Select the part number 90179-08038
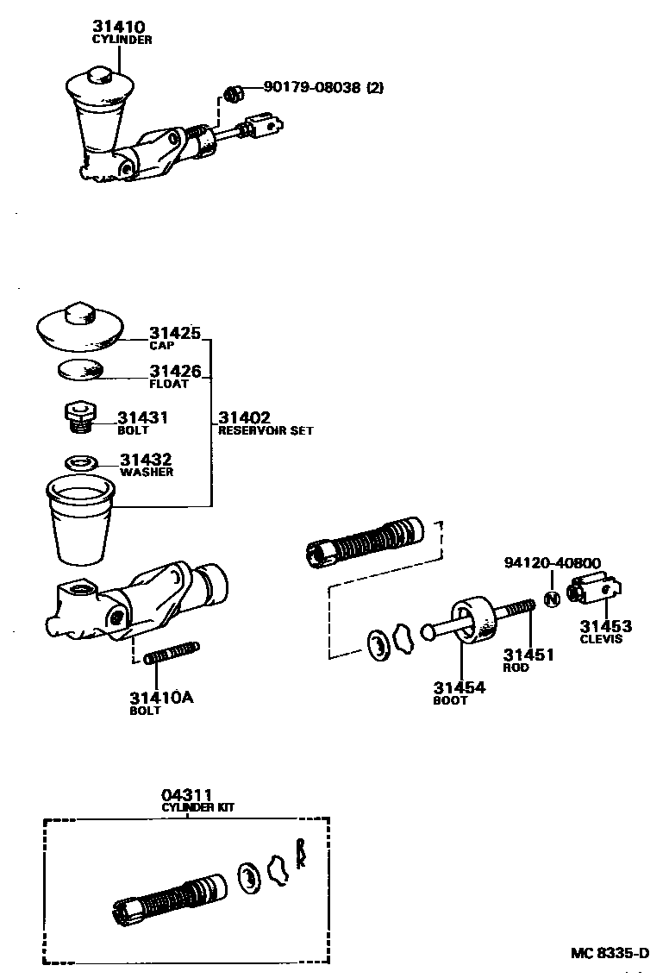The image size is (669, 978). coord(312,87)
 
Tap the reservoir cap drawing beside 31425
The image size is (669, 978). coord(81,325)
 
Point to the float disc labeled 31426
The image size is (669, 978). coord(81,371)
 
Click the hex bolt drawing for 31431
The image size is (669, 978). coord(79,414)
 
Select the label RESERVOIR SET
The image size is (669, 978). coord(266,430)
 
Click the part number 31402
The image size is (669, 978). coord(245,418)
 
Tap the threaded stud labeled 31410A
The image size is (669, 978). coord(174,656)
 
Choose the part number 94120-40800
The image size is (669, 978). coord(553,563)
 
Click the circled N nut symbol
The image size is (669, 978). coord(553,597)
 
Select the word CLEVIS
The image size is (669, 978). coord(601,639)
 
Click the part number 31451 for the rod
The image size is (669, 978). coord(528,655)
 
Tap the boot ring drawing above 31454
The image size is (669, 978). coord(472,623)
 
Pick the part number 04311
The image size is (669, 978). coord(185,795)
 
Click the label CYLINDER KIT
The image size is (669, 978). coord(198,807)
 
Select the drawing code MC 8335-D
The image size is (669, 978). coord(610,953)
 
